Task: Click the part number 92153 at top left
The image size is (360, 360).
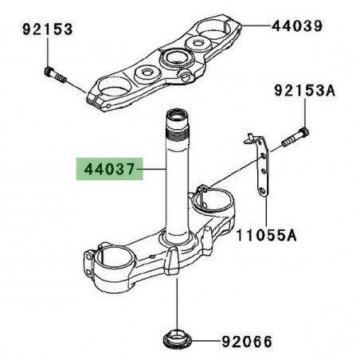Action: pos(47,29)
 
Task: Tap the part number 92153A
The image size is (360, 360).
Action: pos(307,92)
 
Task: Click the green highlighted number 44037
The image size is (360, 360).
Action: pos(108,170)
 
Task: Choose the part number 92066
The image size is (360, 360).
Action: pos(245,342)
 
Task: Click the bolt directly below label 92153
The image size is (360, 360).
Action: pos(54,76)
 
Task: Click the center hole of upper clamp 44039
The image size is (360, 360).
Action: pos(174,58)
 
